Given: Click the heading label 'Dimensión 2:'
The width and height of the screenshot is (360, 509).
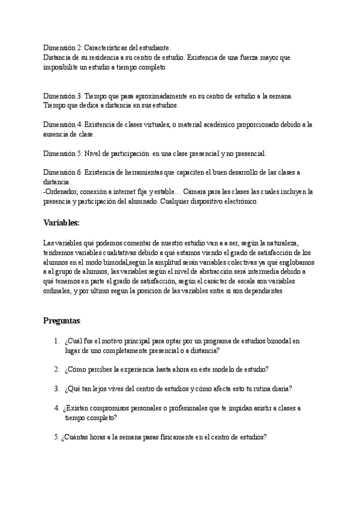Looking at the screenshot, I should pyautogui.click(x=62, y=47).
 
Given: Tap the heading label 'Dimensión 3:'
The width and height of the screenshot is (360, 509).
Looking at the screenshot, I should pyautogui.click(x=62, y=95).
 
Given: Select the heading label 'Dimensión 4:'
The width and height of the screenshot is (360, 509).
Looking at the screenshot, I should pyautogui.click(x=62, y=124).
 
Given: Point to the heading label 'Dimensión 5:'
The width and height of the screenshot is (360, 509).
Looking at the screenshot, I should pyautogui.click(x=62, y=153).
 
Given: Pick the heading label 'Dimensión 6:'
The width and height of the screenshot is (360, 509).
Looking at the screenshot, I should pyautogui.click(x=62, y=172).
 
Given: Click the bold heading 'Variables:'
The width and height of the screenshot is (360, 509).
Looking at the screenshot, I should pyautogui.click(x=62, y=223).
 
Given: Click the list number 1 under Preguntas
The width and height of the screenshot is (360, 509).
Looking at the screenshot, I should pyautogui.click(x=55, y=341).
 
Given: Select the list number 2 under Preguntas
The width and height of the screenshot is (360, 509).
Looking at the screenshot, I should pyautogui.click(x=55, y=369).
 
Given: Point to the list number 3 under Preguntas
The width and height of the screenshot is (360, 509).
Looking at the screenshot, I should pyautogui.click(x=55, y=388).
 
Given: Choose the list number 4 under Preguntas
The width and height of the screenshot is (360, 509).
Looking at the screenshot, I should pyautogui.click(x=55, y=408).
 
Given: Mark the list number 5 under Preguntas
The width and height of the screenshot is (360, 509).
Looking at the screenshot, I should pyautogui.click(x=55, y=437).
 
